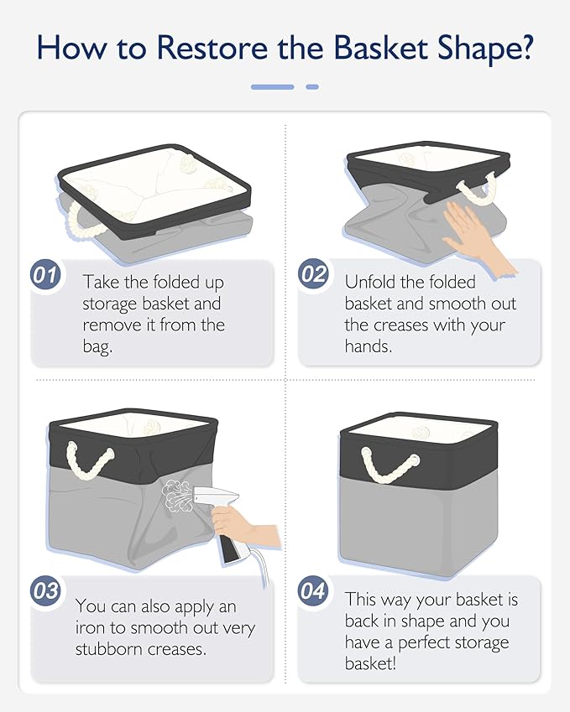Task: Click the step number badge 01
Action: pyautogui.click(x=45, y=275)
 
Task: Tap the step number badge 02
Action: pyautogui.click(x=313, y=273)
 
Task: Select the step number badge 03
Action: pyautogui.click(x=45, y=590)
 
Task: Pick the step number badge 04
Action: pyautogui.click(x=313, y=590)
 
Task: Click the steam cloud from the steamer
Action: pyautogui.click(x=177, y=495)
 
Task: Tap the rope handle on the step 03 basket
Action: pyautogui.click(x=90, y=460)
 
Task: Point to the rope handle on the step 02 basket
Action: pyautogui.click(x=478, y=190)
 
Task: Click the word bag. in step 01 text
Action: pyautogui.click(x=97, y=347)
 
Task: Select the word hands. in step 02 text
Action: pyautogui.click(x=369, y=346)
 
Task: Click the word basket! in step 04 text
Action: pyautogui.click(x=370, y=663)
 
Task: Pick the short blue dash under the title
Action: pyautogui.click(x=312, y=86)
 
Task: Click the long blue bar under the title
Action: pyautogui.click(x=273, y=86)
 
